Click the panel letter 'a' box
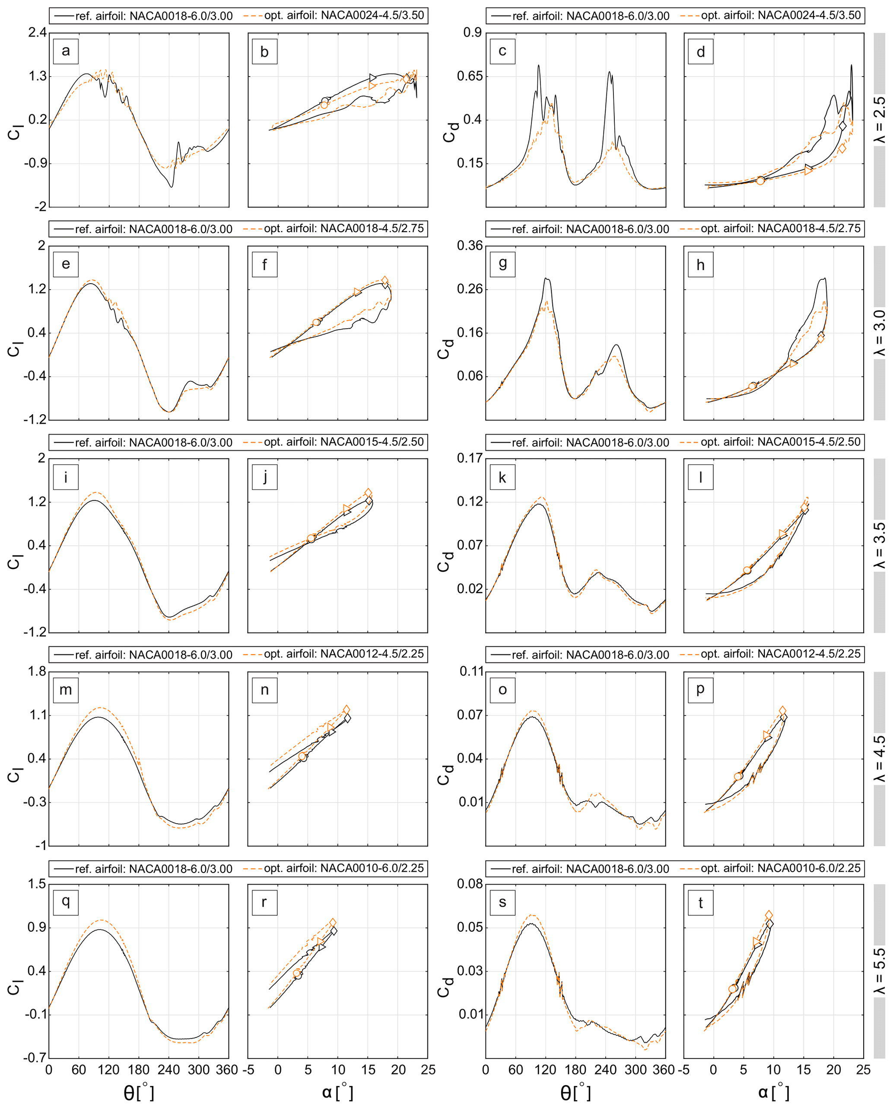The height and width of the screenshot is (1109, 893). [65, 51]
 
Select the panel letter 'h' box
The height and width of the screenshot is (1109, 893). [700, 265]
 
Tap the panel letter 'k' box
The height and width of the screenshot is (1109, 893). [502, 477]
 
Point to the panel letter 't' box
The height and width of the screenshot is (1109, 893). [700, 902]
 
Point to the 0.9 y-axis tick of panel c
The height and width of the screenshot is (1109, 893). [472, 33]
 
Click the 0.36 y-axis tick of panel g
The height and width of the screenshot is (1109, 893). [470, 246]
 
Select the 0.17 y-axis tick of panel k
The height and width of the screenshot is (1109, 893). [470, 458]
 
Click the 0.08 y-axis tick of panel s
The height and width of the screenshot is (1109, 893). [470, 884]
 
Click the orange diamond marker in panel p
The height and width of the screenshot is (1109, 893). [782, 710]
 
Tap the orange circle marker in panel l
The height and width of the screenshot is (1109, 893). [747, 570]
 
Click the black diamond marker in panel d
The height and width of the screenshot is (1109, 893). [842, 126]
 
